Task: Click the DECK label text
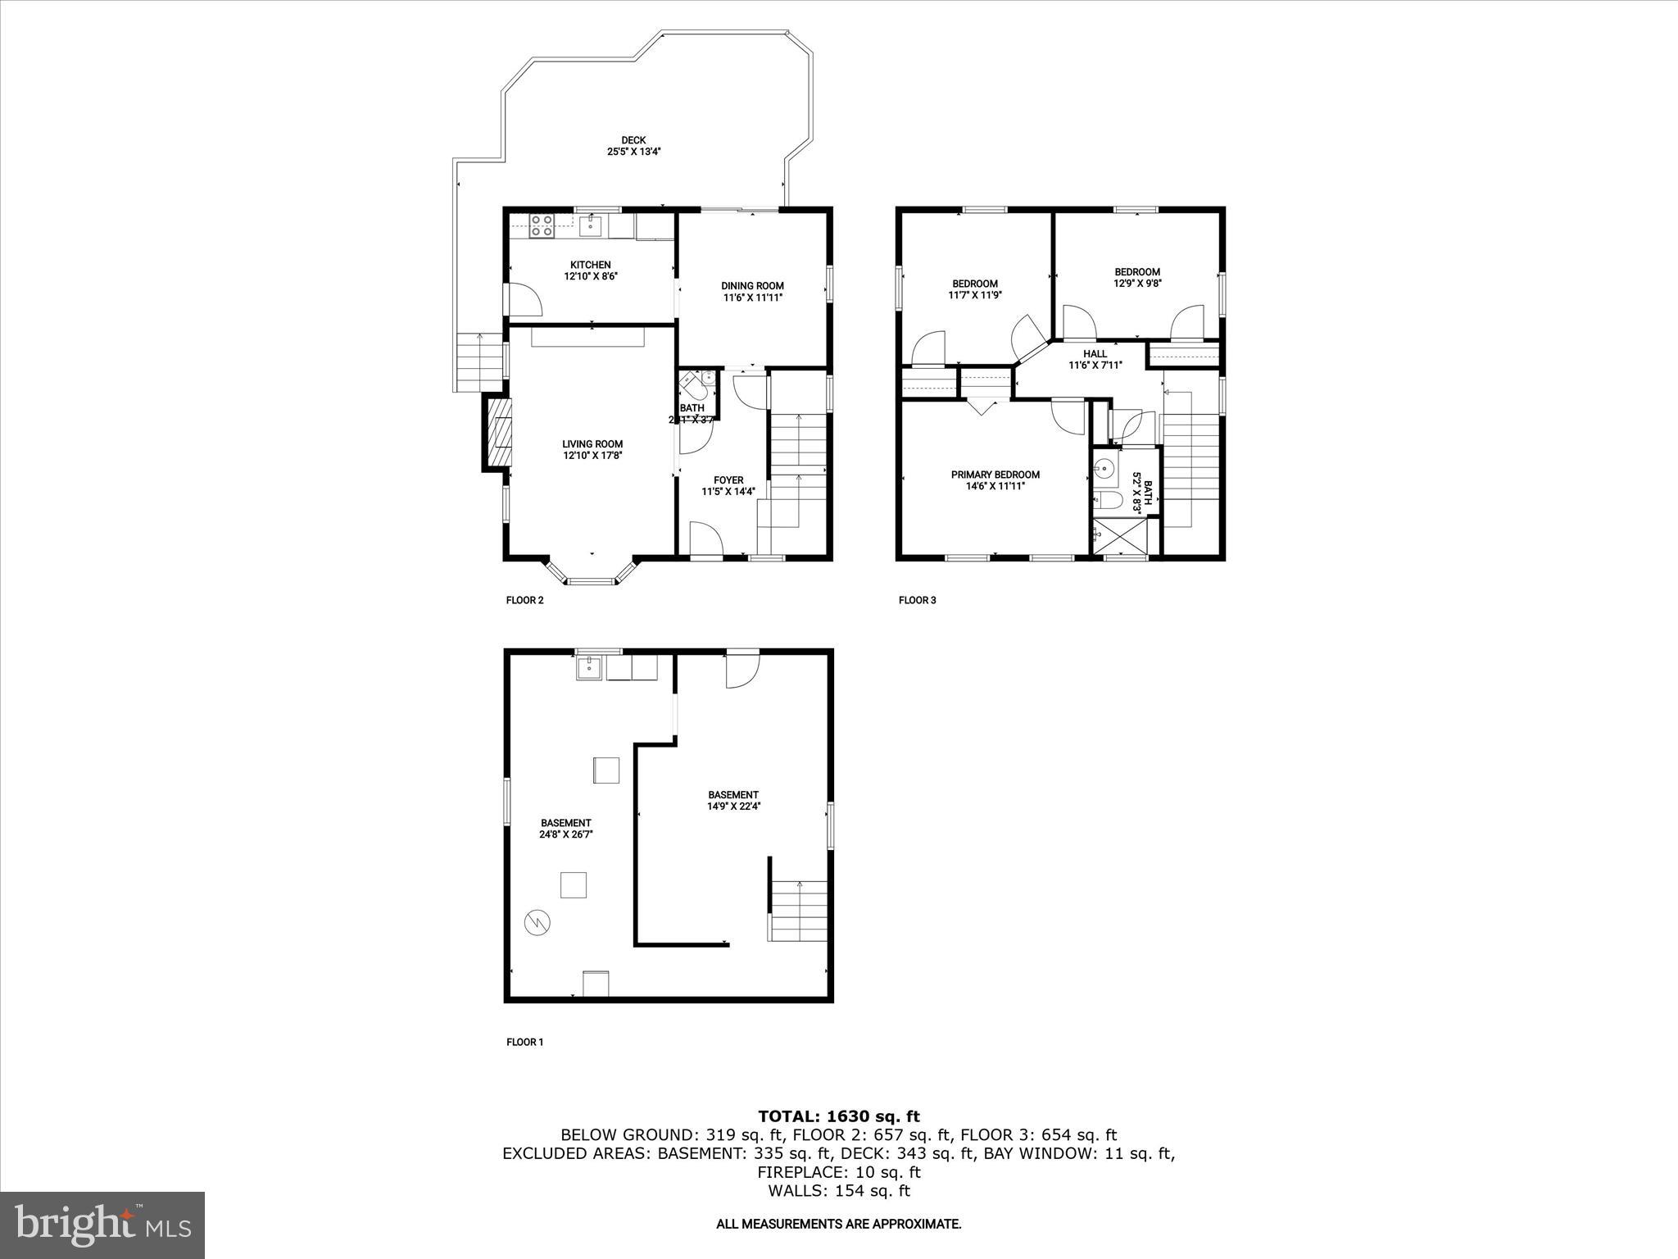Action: (633, 140)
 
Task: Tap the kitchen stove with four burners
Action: (541, 225)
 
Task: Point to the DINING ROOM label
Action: (752, 286)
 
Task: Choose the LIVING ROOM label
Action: (592, 444)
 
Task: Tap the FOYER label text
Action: (728, 480)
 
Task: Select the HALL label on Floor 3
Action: (1095, 354)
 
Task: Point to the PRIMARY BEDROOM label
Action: (995, 475)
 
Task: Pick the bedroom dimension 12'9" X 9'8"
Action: (1136, 284)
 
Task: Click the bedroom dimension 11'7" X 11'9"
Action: (974, 295)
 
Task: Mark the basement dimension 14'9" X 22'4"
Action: (733, 806)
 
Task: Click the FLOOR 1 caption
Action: (524, 1043)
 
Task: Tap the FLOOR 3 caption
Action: (917, 600)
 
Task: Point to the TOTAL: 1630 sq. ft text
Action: (838, 1116)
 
